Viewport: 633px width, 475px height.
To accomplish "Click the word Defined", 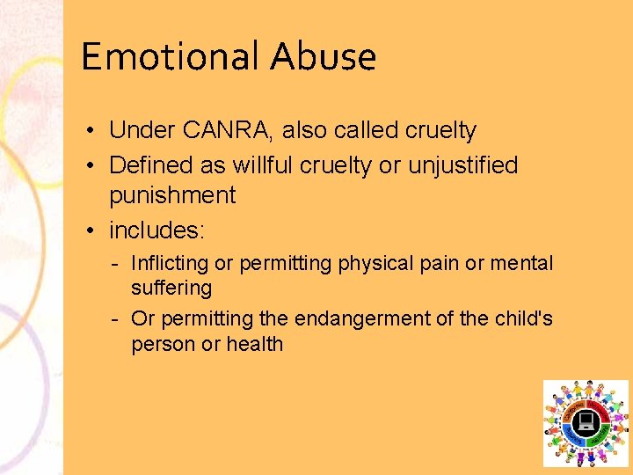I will [x=150, y=165].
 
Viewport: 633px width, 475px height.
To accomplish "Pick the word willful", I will [x=260, y=165].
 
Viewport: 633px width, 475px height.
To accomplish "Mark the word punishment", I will [x=172, y=195].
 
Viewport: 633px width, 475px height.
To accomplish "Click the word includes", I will [x=155, y=230].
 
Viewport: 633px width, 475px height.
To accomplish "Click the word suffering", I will [x=171, y=288].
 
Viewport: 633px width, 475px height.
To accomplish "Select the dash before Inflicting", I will [x=116, y=263].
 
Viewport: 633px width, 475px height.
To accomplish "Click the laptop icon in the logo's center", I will [x=586, y=423].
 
